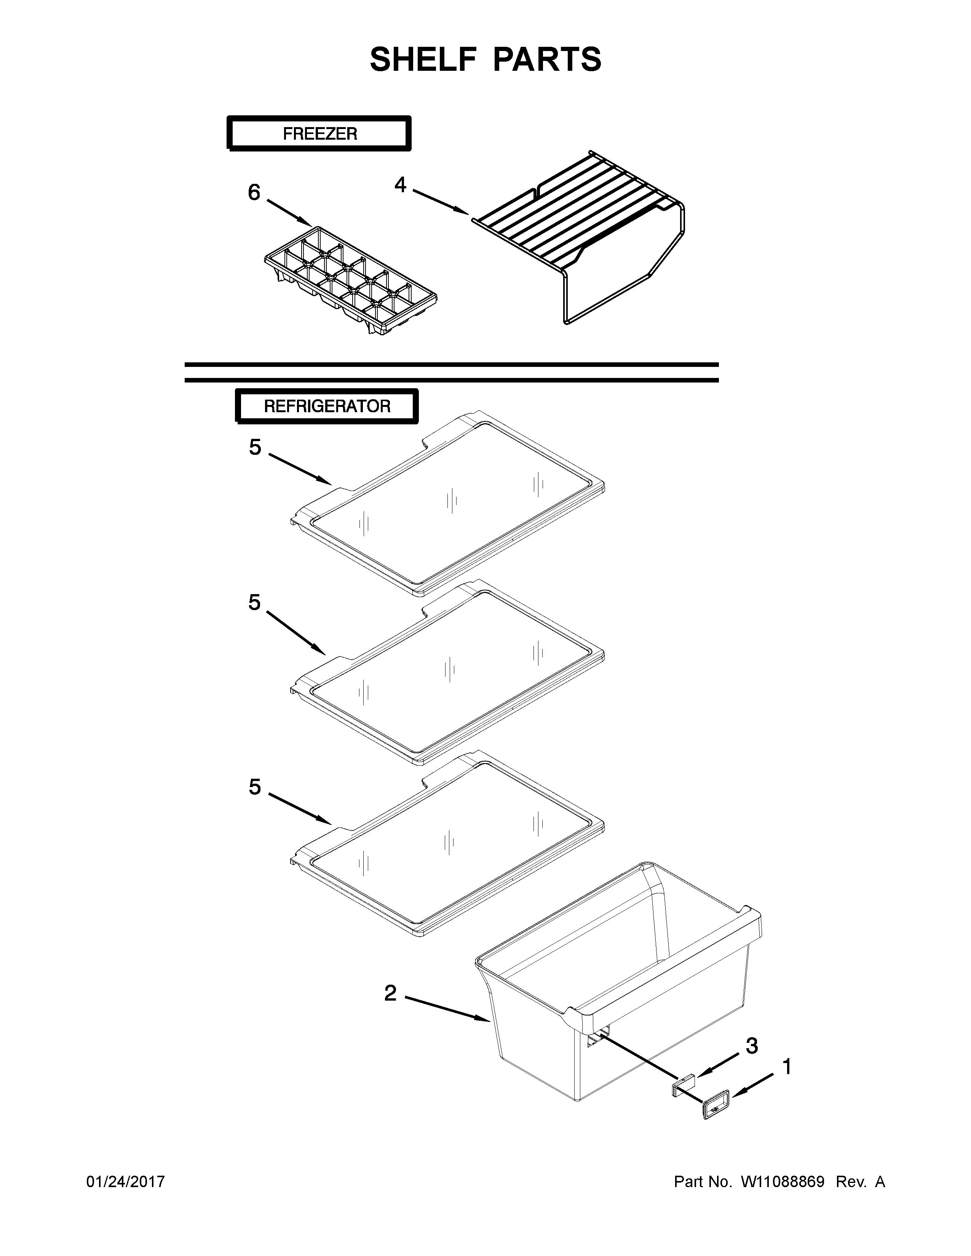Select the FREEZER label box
pyautogui.click(x=319, y=134)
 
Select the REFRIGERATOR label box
pyautogui.click(x=327, y=406)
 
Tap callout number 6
pyautogui.click(x=254, y=193)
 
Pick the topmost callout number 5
pyautogui.click(x=255, y=447)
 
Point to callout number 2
pyautogui.click(x=391, y=993)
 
